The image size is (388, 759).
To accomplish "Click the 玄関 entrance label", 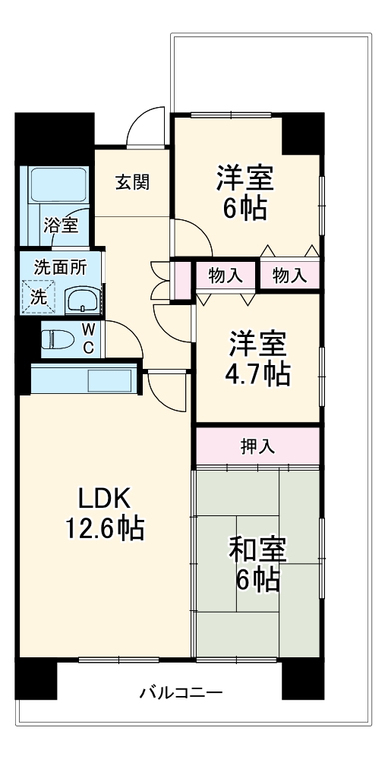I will coord(131,182).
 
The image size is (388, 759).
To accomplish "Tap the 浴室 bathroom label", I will coord(60,225).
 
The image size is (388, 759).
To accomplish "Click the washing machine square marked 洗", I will coord(38,296).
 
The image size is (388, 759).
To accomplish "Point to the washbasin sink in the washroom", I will coord(81,301).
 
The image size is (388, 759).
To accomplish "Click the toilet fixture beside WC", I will coord(55,339).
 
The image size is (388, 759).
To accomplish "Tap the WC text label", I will coord(88,339).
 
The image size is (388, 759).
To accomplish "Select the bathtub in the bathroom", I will coord(60,185).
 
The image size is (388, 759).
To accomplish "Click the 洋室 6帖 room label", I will coord(244,192).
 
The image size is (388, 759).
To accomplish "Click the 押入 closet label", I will coord(257,447).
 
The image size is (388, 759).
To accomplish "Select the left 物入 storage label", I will coord(226,276).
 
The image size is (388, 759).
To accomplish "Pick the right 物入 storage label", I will coord(289,276).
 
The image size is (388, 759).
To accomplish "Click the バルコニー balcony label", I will coord(180,693).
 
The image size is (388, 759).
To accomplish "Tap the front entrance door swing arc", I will coord(144,128).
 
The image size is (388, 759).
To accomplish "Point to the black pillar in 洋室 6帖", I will coord(302,132).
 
